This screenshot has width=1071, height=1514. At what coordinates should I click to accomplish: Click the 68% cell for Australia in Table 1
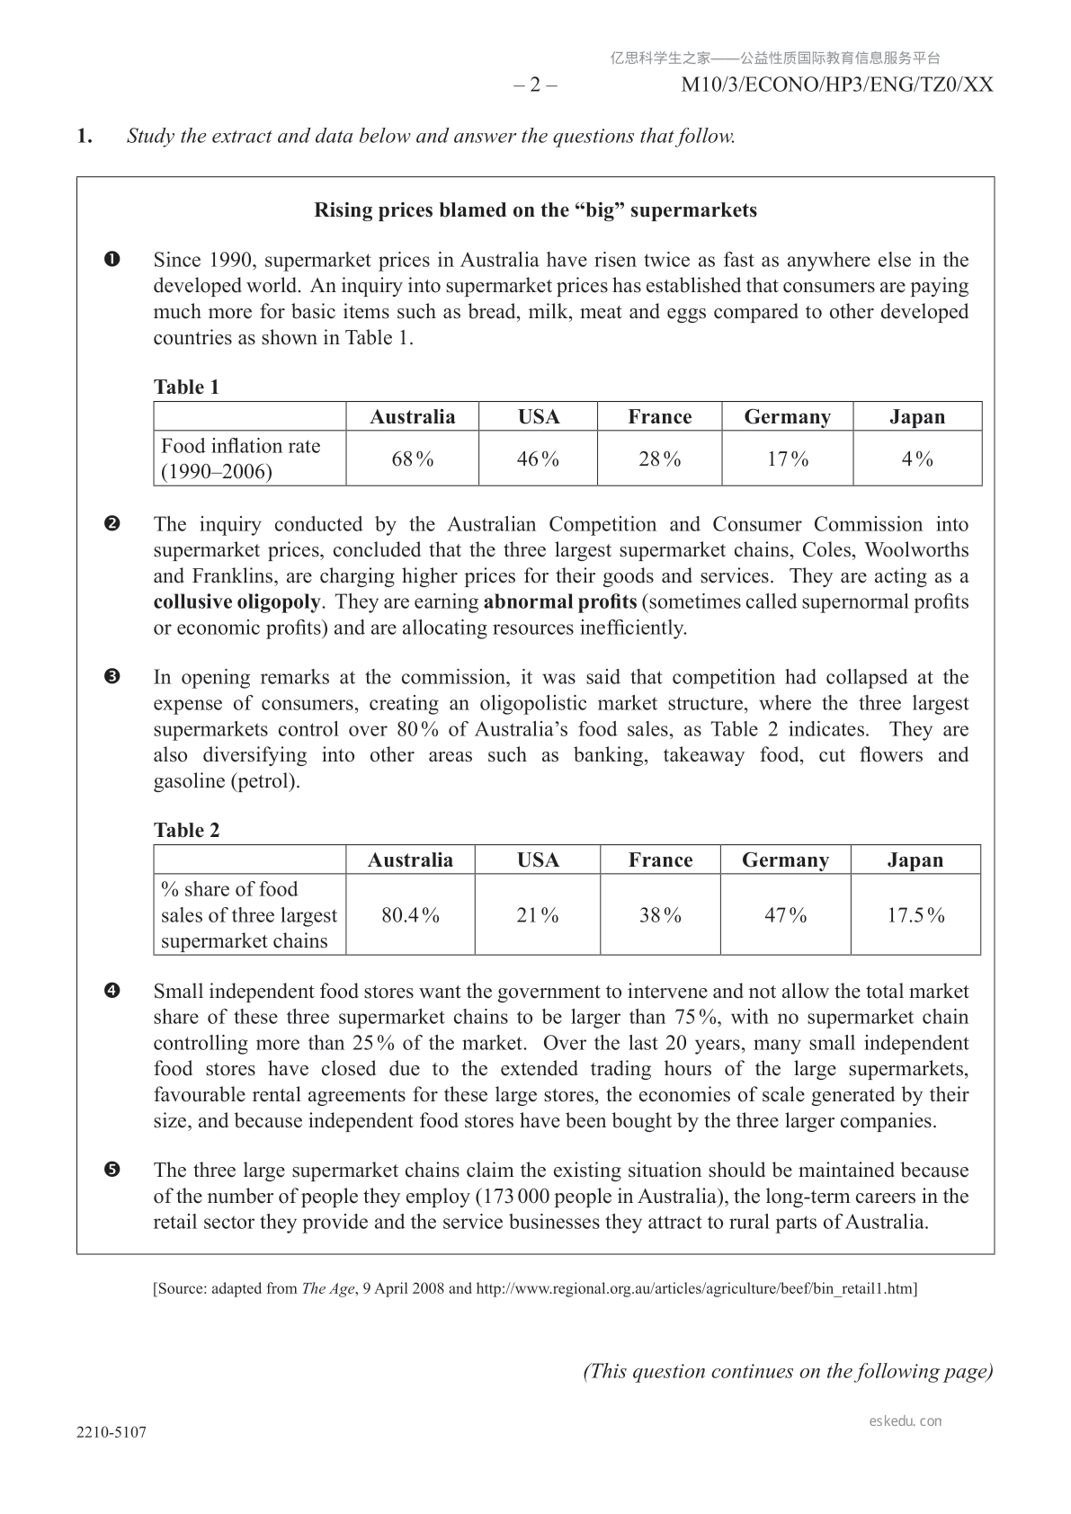coord(413,459)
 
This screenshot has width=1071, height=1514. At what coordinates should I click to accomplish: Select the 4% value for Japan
coord(917,459)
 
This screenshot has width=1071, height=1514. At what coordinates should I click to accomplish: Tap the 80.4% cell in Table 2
coord(411,915)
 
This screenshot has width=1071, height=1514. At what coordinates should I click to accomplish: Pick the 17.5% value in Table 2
coord(915,915)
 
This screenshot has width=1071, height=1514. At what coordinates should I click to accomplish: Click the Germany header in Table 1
coord(787,417)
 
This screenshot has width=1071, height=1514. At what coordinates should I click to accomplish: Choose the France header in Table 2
coord(660,860)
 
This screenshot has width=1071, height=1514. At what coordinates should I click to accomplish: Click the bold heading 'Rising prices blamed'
coord(535,210)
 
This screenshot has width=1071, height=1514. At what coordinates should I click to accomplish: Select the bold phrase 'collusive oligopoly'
coord(237,601)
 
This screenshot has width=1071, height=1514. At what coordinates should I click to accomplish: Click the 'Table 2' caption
coord(186,831)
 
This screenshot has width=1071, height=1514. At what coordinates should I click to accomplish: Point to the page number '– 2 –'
coord(535,85)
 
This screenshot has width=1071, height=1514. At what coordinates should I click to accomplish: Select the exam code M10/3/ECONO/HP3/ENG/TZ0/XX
coord(837,85)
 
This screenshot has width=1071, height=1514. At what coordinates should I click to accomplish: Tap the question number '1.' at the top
coord(85,137)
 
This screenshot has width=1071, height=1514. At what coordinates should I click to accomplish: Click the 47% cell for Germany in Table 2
coord(785,915)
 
